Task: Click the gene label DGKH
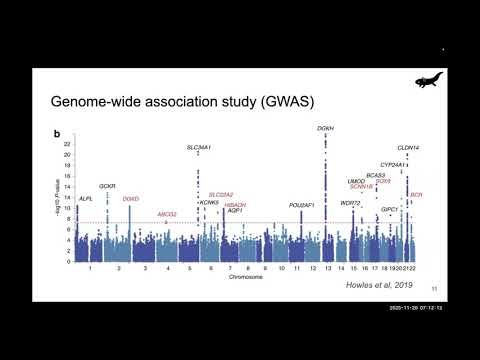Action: click(x=325, y=129)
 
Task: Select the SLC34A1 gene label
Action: click(x=200, y=147)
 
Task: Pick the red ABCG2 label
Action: click(x=167, y=214)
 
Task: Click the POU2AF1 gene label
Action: click(x=302, y=205)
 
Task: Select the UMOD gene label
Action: click(x=357, y=181)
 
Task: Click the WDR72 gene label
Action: click(x=349, y=203)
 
